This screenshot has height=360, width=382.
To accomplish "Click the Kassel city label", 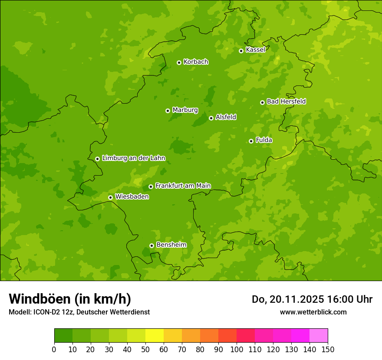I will pyautogui.click(x=255, y=50).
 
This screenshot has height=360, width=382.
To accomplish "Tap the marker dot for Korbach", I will pyautogui.click(x=179, y=62).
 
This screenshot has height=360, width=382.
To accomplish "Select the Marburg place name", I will pyautogui.click(x=185, y=110).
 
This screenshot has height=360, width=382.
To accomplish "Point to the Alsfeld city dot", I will pyautogui.click(x=211, y=118).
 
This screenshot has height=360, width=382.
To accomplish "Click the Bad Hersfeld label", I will pyautogui.click(x=286, y=101).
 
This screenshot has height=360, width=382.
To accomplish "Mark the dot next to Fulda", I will pyautogui.click(x=251, y=141).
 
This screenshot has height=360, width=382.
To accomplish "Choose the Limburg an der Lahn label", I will pyautogui.click(x=133, y=158).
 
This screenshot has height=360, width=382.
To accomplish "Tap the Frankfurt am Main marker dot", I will pyautogui.click(x=151, y=187).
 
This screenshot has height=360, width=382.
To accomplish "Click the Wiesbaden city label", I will pyautogui.click(x=132, y=197).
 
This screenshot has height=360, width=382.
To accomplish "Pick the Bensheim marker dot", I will pyautogui.click(x=151, y=245).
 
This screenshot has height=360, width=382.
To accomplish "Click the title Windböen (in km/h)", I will pyautogui.click(x=70, y=299).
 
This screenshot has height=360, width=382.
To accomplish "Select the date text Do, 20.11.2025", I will pyautogui.click(x=287, y=299).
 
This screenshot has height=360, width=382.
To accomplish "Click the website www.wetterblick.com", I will pyautogui.click(x=313, y=312).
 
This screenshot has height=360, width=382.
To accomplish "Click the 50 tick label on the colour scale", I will pyautogui.click(x=145, y=349).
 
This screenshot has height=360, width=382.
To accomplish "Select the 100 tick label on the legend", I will pyautogui.click(x=236, y=349).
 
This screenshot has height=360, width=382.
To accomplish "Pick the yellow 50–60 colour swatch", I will pyautogui.click(x=154, y=335).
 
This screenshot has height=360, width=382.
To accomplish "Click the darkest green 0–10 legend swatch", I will pyautogui.click(x=63, y=335).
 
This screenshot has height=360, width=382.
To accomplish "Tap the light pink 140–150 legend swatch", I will pyautogui.click(x=318, y=335).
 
